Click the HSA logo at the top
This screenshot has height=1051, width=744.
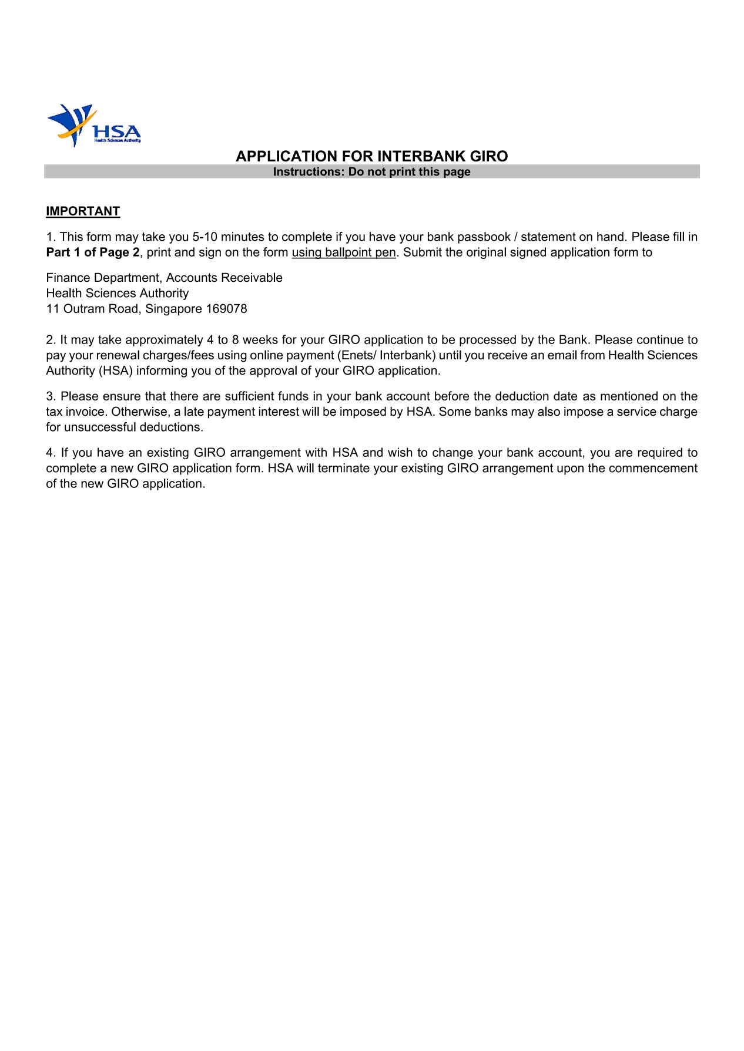pyautogui.click(x=94, y=125)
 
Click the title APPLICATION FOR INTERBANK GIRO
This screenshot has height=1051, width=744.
pyautogui.click(x=371, y=156)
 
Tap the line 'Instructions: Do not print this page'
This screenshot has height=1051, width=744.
pyautogui.click(x=371, y=171)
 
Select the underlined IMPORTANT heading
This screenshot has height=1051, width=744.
pyautogui.click(x=83, y=211)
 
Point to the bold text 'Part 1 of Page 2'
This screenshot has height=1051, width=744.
pyautogui.click(x=93, y=252)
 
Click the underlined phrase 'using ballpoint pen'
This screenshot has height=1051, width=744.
pyautogui.click(x=343, y=252)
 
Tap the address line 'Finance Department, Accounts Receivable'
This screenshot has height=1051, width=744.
pyautogui.click(x=164, y=278)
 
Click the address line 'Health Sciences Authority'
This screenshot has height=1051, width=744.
pyautogui.click(x=117, y=293)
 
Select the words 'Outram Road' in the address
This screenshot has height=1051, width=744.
pyautogui.click(x=102, y=309)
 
